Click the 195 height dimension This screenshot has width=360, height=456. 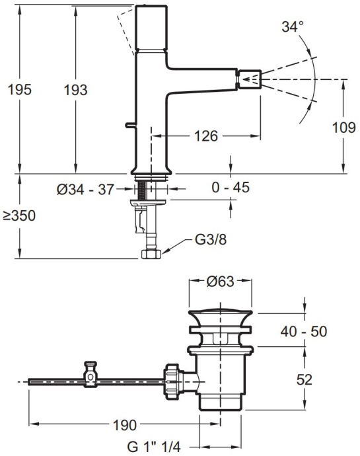coord(18,90)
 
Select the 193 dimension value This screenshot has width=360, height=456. coord(76,90)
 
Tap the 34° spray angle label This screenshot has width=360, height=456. coord(292,28)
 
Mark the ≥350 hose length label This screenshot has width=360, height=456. coord(18,216)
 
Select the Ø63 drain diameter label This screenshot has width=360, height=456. coord(221,281)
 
